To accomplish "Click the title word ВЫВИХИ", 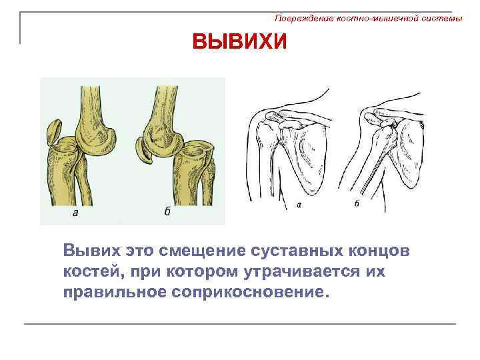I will point(239,43).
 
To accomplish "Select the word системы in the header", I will point(442,19).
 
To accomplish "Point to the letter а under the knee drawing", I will point(75,213).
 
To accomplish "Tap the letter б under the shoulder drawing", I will point(357,203).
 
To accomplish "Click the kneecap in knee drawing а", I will point(54,132).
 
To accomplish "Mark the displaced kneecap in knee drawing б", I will point(145,153).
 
